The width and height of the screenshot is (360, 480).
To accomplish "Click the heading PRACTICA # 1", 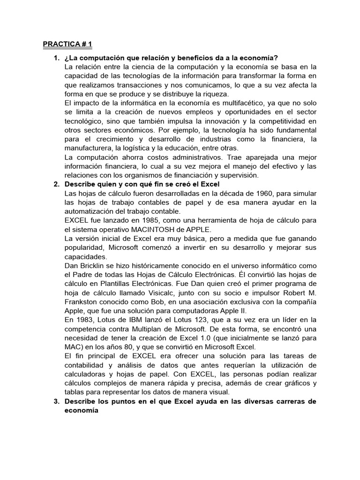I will [67, 45].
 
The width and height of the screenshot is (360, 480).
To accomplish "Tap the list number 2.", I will [56, 184].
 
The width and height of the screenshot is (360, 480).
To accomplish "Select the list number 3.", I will [56, 402].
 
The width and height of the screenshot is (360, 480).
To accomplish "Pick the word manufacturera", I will [87, 148].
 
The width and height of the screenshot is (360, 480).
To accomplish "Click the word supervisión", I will [239, 175].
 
